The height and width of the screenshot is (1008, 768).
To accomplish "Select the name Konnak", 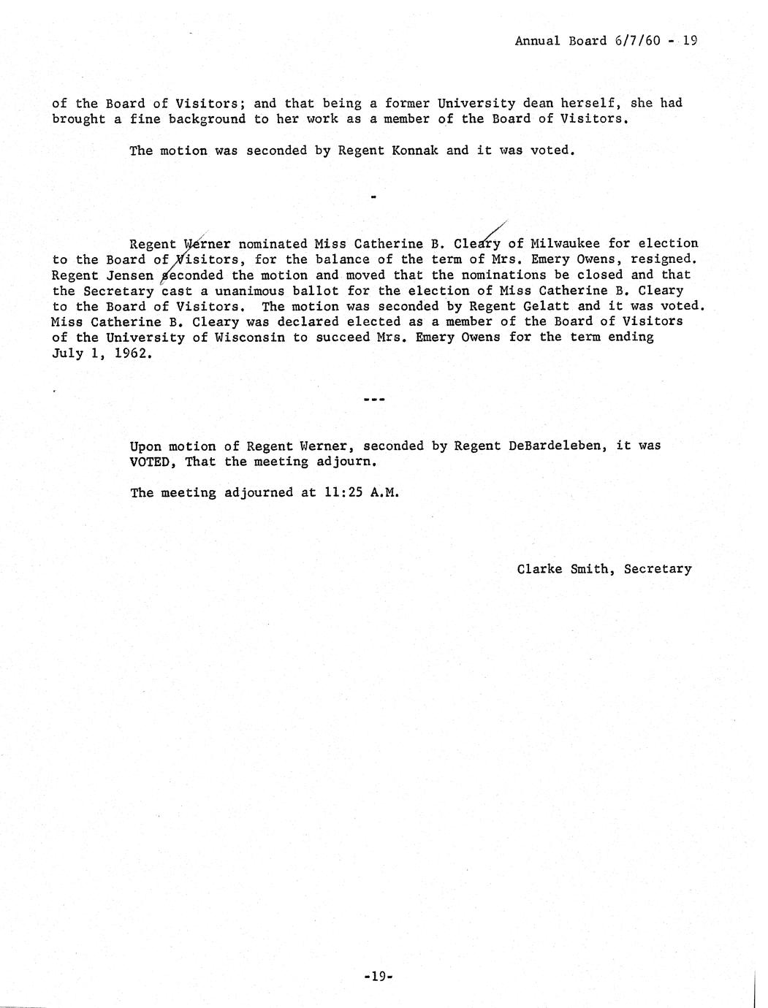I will [x=414, y=150].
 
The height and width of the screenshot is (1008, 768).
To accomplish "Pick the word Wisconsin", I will [x=251, y=337].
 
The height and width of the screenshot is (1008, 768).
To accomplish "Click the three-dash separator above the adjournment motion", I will [x=373, y=400].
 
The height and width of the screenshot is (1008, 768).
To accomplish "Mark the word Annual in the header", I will [x=537, y=41].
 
